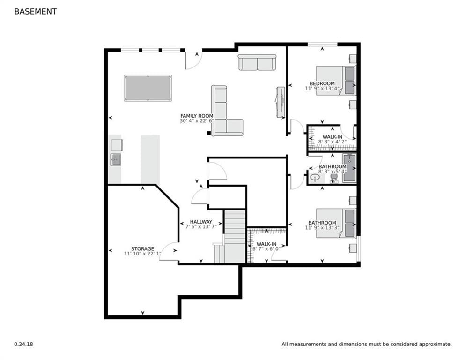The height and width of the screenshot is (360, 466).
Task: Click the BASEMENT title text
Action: [36, 12]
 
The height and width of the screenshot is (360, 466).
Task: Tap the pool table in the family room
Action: [148, 88]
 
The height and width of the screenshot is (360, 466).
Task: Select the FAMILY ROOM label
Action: [197, 116]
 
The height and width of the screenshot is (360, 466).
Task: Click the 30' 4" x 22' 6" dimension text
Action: [197, 121]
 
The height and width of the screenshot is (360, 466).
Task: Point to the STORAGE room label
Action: [143, 249]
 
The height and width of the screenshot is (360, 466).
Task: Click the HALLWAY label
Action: [201, 222]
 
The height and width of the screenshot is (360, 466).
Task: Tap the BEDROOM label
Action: [322, 83]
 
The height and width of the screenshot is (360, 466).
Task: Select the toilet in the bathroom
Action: [334, 178]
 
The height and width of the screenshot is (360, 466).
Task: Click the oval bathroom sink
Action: [315, 178]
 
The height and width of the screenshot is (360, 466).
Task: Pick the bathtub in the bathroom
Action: [349, 168]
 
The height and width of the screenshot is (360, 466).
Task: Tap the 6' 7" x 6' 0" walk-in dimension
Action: [266, 249]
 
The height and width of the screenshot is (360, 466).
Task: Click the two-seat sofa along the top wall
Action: [258, 62]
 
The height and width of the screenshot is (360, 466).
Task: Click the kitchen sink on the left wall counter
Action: [116, 159]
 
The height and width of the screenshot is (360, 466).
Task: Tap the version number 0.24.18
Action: [24, 344]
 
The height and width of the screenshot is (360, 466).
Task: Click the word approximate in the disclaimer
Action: [436, 344]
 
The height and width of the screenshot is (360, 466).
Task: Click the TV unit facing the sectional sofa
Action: [280, 103]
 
